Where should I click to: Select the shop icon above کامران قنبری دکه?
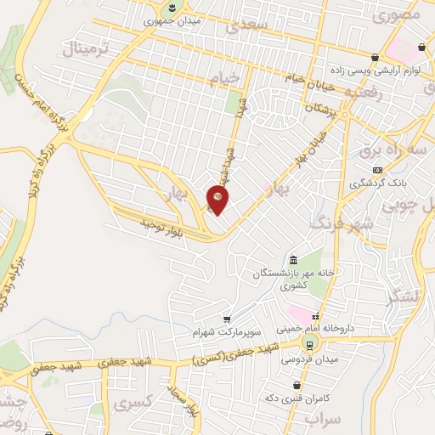click(x=295, y=386)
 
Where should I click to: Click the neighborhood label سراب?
click(x=323, y=420)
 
